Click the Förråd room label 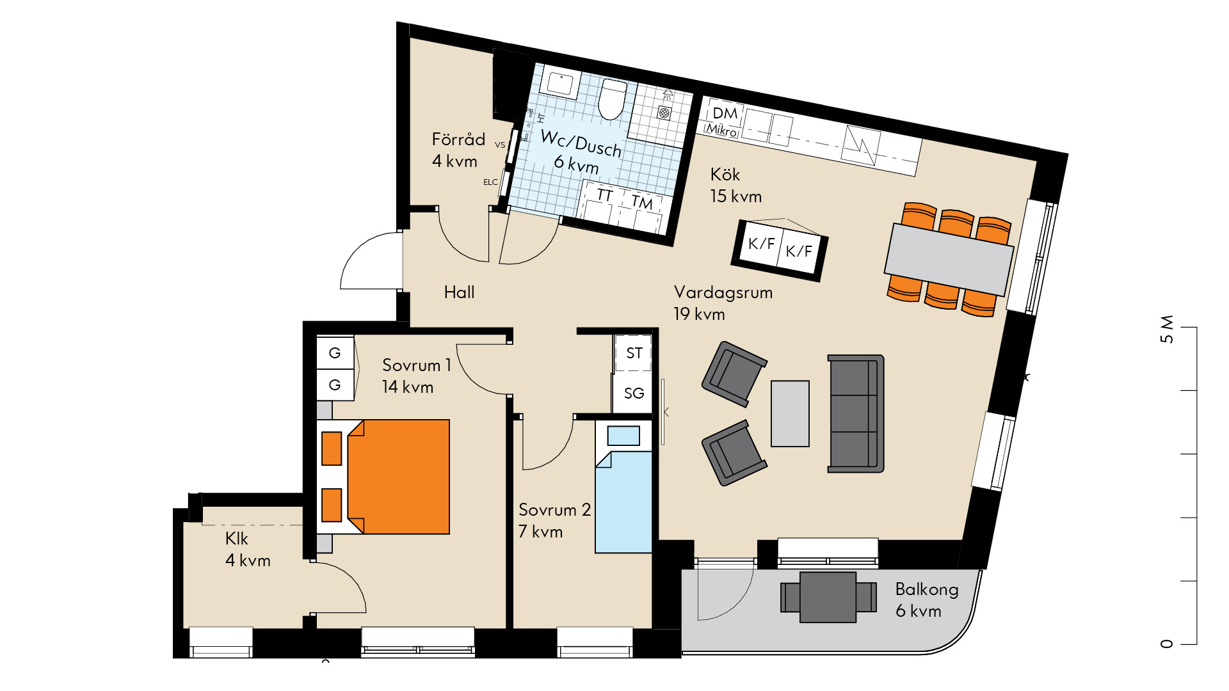(458, 139)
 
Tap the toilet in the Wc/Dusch (613, 99)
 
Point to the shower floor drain (664, 113)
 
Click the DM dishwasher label (725, 113)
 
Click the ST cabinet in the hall (634, 353)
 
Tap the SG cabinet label (634, 393)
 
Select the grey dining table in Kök (949, 259)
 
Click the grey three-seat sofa (856, 414)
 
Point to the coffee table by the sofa (790, 413)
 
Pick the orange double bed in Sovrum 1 (383, 477)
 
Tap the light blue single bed (623, 486)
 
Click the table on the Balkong (828, 597)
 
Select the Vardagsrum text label (723, 292)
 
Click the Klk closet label (237, 539)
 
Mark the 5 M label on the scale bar (1167, 329)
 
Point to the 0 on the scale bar (1167, 644)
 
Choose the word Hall (460, 292)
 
